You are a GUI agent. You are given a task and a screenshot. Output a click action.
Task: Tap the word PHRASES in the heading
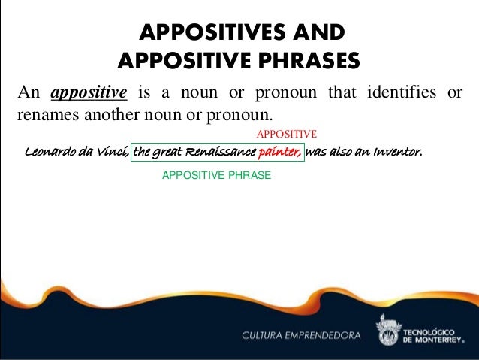click(x=303, y=59)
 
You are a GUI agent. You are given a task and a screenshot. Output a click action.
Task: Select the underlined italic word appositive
click(x=89, y=93)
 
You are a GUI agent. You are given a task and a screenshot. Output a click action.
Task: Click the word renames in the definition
click(x=44, y=116)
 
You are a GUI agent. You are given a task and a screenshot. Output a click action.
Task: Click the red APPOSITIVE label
click(x=288, y=134)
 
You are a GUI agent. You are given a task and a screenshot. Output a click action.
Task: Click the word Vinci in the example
click(x=111, y=153)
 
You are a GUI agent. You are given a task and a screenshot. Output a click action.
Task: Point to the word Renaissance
click(x=224, y=153)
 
